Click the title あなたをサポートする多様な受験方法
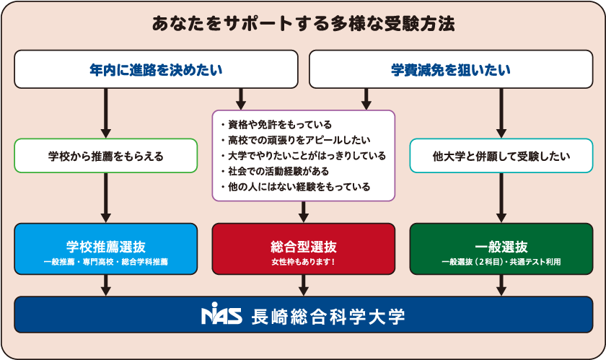coord(303,24)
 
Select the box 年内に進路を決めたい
coord(156,69)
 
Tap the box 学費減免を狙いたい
coord(451,69)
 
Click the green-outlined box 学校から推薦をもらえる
coord(106,155)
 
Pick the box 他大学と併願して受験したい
coord(501,155)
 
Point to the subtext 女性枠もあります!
coord(303,261)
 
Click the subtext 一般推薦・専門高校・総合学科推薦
coord(106,262)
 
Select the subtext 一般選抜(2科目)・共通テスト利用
coord(501,262)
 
